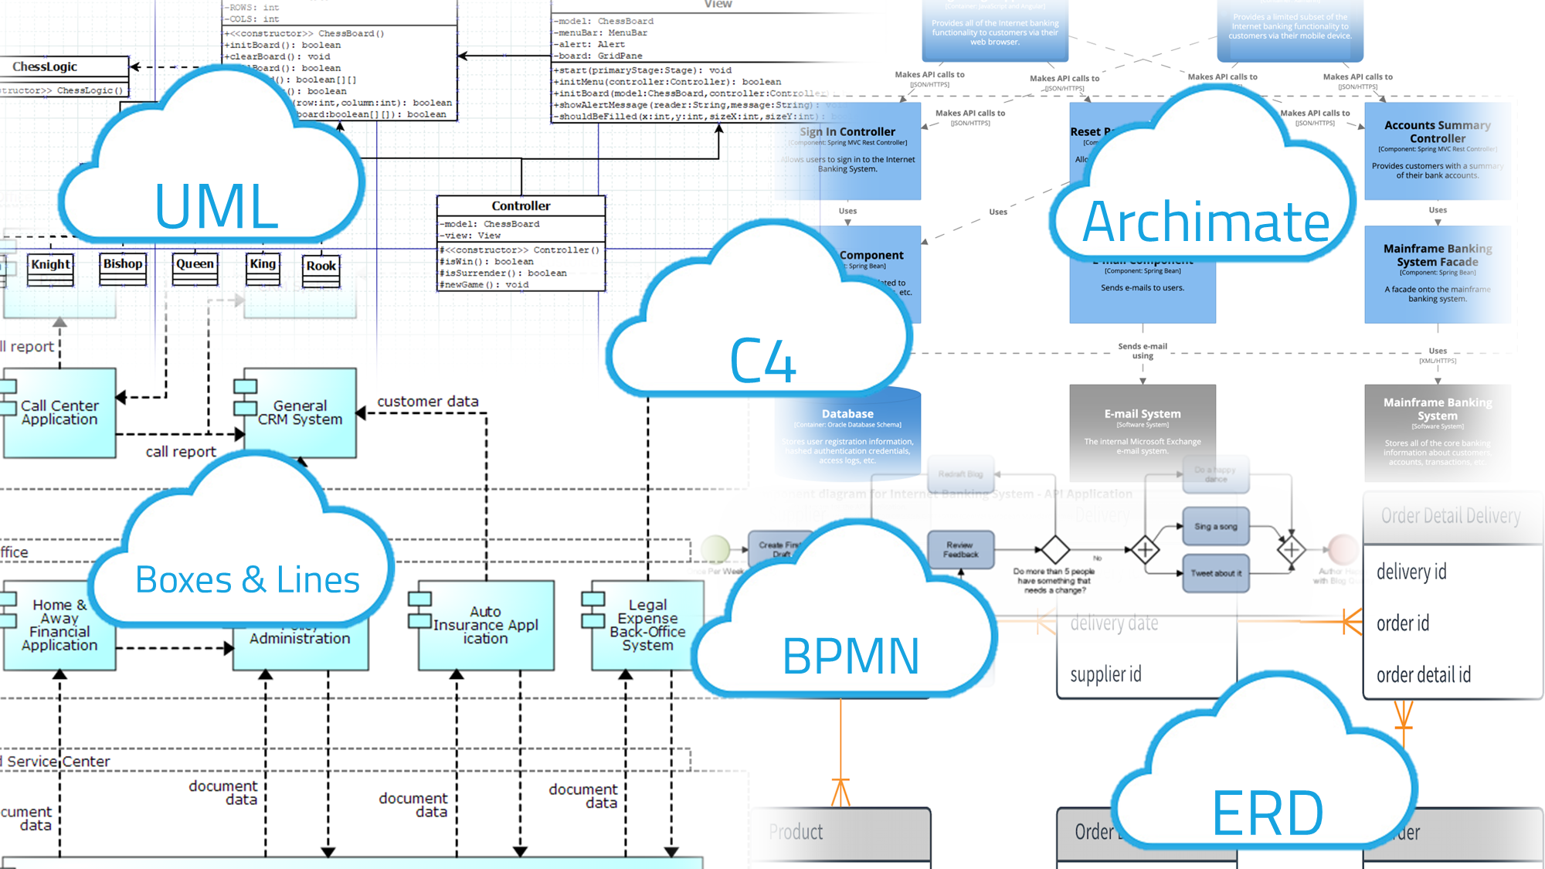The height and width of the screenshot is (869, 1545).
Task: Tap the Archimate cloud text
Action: point(1206,222)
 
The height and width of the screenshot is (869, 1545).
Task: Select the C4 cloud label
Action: point(762,361)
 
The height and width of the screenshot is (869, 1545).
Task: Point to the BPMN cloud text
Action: point(851,657)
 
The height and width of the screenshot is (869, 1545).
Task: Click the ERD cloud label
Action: point(1268,813)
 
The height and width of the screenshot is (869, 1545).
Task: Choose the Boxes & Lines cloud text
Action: point(247,580)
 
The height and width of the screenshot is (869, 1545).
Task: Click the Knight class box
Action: point(50,270)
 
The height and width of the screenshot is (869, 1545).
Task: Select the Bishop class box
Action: point(123,269)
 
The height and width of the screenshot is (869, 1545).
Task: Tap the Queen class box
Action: point(195,269)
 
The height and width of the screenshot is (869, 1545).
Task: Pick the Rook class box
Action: point(321,270)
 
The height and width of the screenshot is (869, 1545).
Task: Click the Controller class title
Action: point(521,206)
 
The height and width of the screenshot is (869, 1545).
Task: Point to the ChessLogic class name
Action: point(45,67)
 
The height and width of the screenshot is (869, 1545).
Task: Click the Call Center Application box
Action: point(59,412)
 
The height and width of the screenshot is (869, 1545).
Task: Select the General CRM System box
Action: point(300,412)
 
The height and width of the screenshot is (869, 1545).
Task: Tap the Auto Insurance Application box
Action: point(485,625)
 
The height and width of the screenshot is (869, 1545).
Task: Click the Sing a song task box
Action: point(1215,527)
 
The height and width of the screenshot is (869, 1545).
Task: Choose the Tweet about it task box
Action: point(1215,573)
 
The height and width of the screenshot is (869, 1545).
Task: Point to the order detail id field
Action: point(1423,675)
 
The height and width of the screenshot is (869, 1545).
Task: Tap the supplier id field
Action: point(1105,675)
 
